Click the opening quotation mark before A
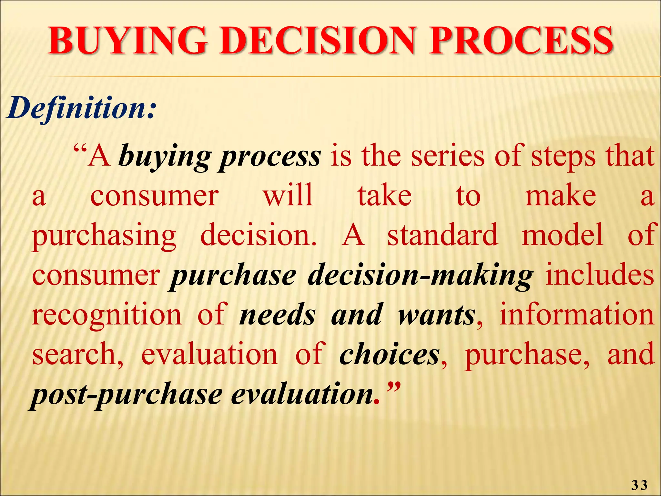click(x=80, y=151)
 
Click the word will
click(x=288, y=195)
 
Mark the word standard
click(x=443, y=235)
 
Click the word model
click(x=562, y=235)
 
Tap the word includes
click(x=600, y=274)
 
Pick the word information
click(x=577, y=314)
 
